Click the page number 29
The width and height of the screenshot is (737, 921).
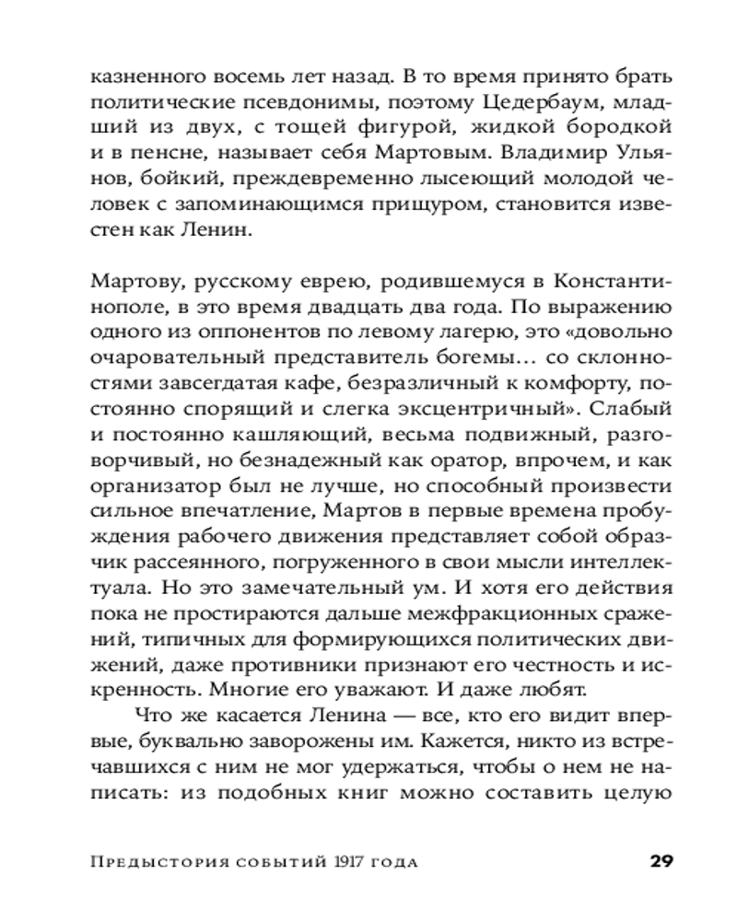(662, 862)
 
